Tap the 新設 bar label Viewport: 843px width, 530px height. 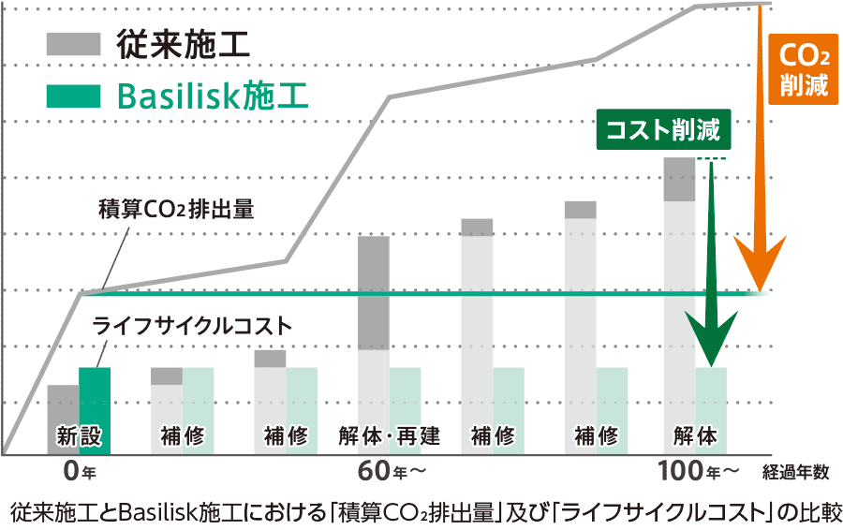click(x=79, y=435)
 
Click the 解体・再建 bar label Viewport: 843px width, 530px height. click(x=390, y=435)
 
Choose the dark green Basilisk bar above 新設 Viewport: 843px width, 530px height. click(x=95, y=395)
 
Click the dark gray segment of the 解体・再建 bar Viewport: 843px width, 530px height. click(x=374, y=292)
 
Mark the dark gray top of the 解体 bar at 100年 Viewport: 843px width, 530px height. click(x=679, y=179)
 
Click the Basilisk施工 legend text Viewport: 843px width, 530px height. click(x=213, y=96)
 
